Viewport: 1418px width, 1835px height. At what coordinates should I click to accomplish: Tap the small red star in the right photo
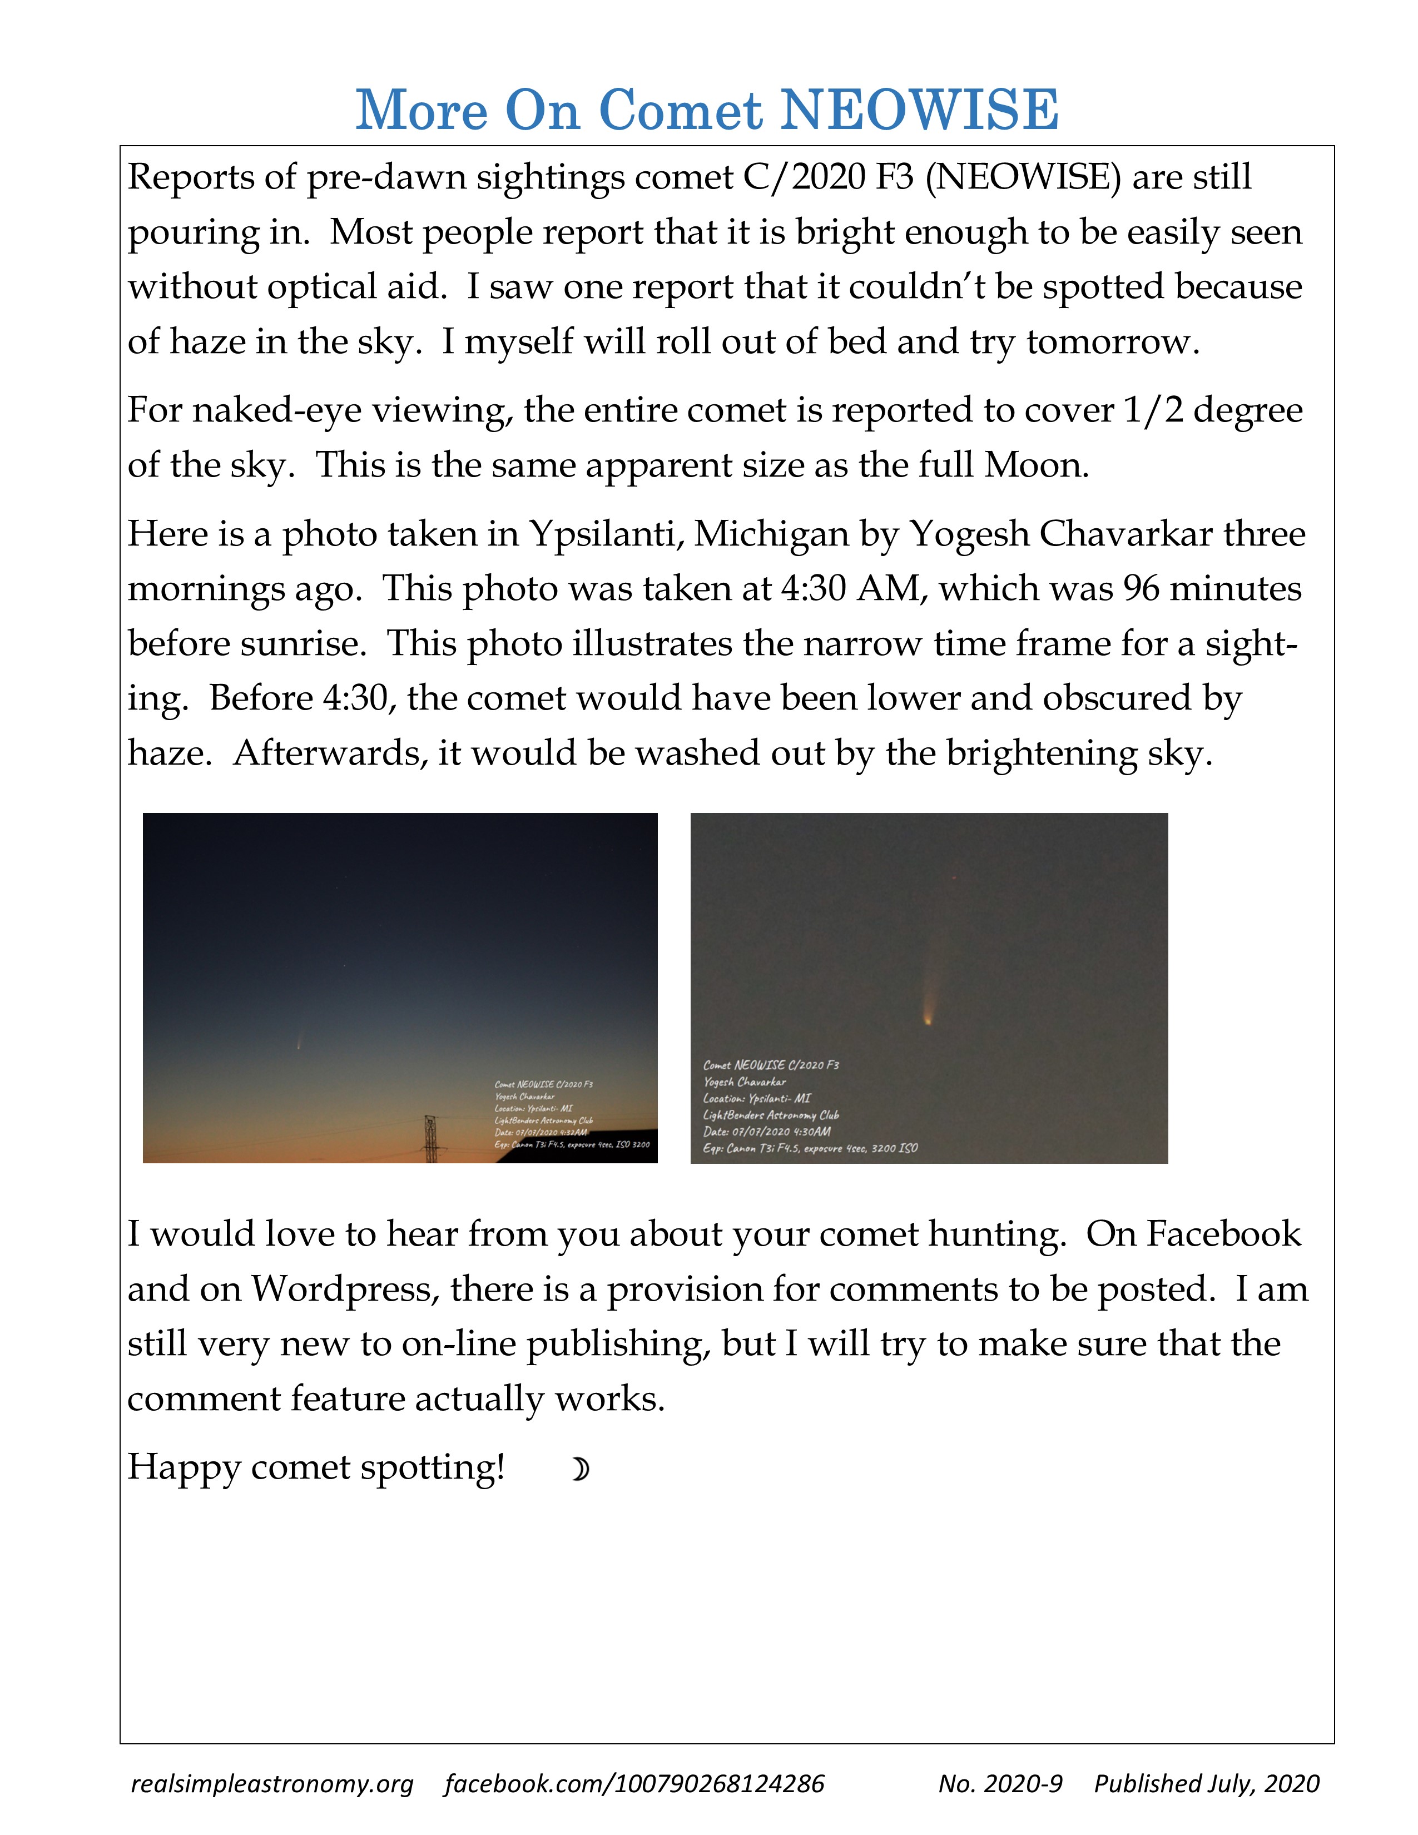tap(954, 878)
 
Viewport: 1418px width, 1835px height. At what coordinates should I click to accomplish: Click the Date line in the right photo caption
tap(766, 1132)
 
